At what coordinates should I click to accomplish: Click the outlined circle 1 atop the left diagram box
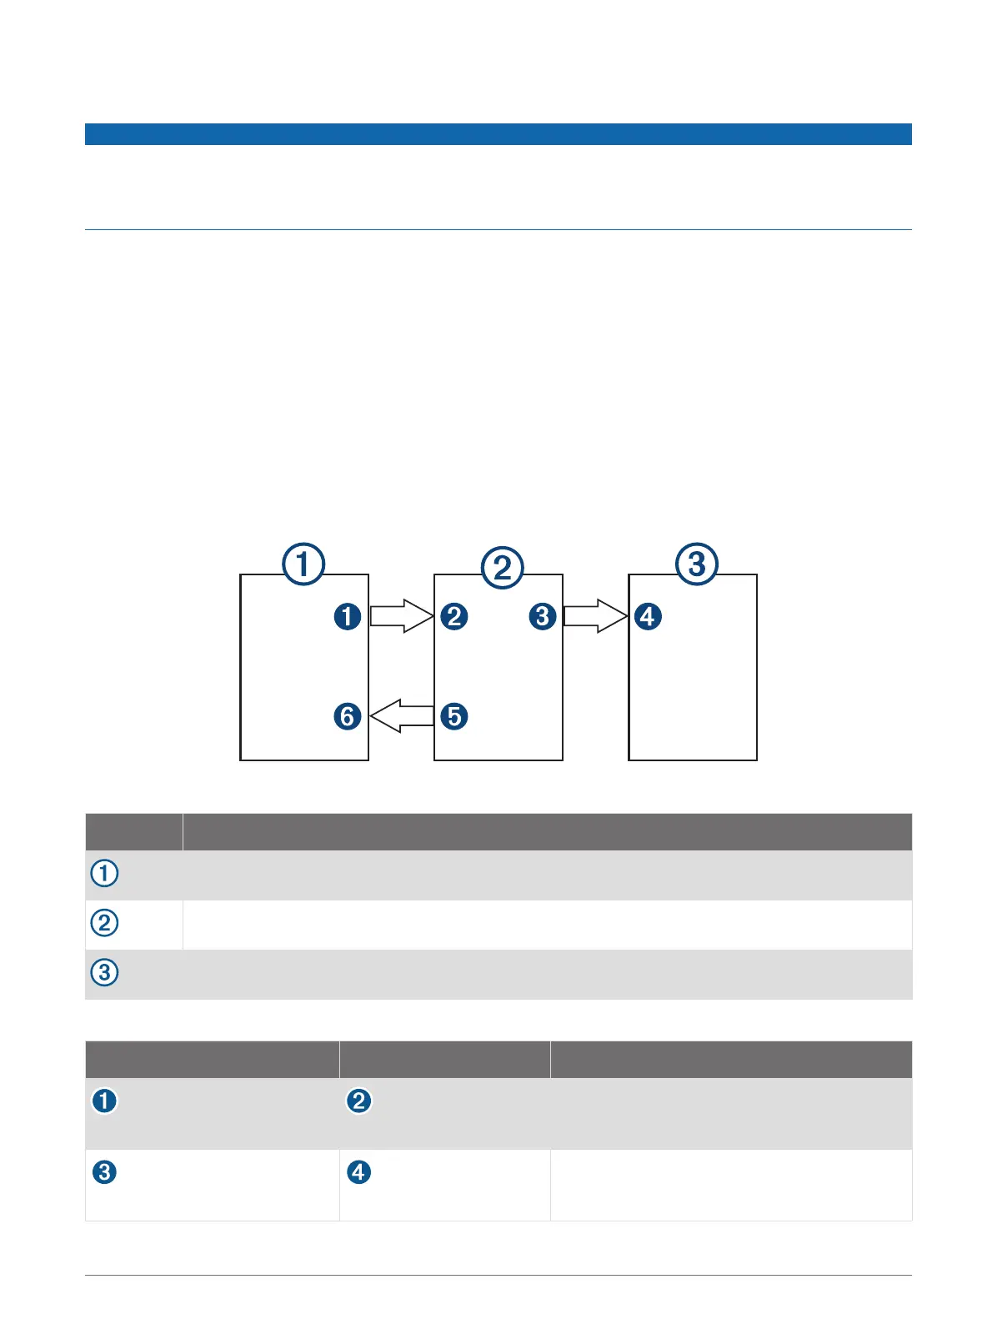303,564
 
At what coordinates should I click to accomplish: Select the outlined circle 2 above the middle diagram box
502,568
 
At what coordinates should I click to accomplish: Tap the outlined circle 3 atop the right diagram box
697,564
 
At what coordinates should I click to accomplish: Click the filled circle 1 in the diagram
348,617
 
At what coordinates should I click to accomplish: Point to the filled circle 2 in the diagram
454,617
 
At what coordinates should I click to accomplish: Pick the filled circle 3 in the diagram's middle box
543,617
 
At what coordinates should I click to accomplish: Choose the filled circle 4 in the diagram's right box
648,617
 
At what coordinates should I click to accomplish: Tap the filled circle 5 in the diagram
454,716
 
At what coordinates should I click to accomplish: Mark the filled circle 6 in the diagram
348,716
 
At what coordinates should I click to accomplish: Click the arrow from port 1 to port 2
401,616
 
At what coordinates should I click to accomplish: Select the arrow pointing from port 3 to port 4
595,616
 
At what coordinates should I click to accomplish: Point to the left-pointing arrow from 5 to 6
401,716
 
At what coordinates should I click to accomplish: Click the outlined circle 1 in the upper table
104,874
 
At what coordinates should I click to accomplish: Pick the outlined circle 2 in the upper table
104,923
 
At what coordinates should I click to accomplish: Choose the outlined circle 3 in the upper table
104,972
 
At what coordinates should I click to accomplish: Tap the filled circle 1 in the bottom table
104,1101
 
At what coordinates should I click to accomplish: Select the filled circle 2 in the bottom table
359,1101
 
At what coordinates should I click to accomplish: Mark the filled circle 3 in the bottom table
104,1171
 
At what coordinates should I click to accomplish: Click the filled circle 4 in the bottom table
359,1171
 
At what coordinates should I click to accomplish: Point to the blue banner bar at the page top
498,134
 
